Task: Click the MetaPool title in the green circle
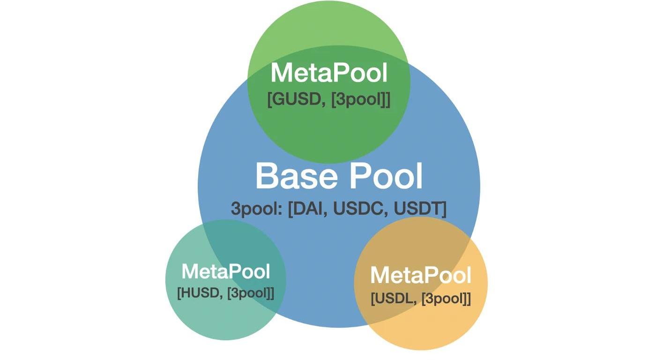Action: tap(329, 74)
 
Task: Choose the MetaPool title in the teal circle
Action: tap(225, 271)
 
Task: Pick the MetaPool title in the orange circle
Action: tap(420, 275)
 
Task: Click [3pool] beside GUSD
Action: tap(360, 99)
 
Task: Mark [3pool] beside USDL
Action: tap(445, 299)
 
